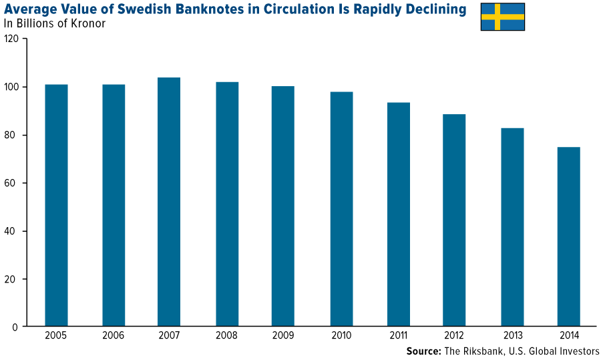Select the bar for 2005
(56, 206)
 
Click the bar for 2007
(169, 202)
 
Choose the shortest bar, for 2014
(568, 236)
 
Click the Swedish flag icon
(502, 17)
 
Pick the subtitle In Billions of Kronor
(55, 24)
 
